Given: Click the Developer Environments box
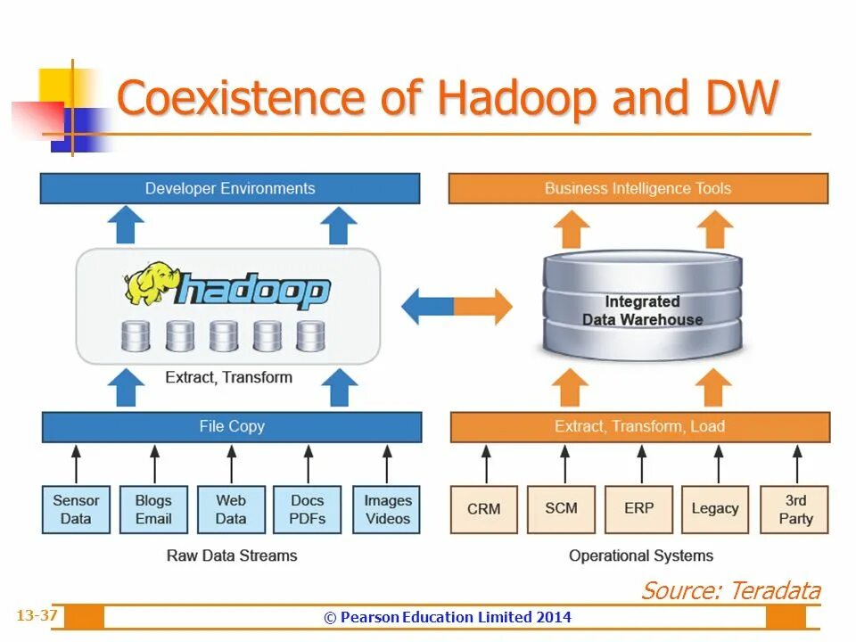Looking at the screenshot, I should (230, 188).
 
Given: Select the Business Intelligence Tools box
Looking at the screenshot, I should (638, 188).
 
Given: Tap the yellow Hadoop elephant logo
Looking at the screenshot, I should (149, 284).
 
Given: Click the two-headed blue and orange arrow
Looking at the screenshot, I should (457, 307).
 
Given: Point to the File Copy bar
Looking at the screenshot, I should (232, 426).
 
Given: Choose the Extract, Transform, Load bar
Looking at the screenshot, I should (639, 426).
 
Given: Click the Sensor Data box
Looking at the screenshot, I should (76, 509).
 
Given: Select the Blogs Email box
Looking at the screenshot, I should (153, 509).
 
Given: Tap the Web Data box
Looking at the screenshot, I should (230, 509).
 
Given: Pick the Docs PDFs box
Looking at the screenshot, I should (308, 509).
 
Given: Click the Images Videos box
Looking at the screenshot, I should (387, 509).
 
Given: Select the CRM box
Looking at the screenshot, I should (484, 509).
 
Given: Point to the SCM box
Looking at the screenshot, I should (562, 509).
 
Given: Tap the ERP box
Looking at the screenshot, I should (638, 509).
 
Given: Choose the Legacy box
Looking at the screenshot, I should (715, 509).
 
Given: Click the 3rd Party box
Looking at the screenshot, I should (795, 509).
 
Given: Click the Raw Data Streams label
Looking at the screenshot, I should (232, 556).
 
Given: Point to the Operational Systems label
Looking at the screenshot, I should (640, 556).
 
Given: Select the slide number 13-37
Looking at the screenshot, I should (37, 615).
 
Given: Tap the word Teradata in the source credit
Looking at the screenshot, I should (775, 590).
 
